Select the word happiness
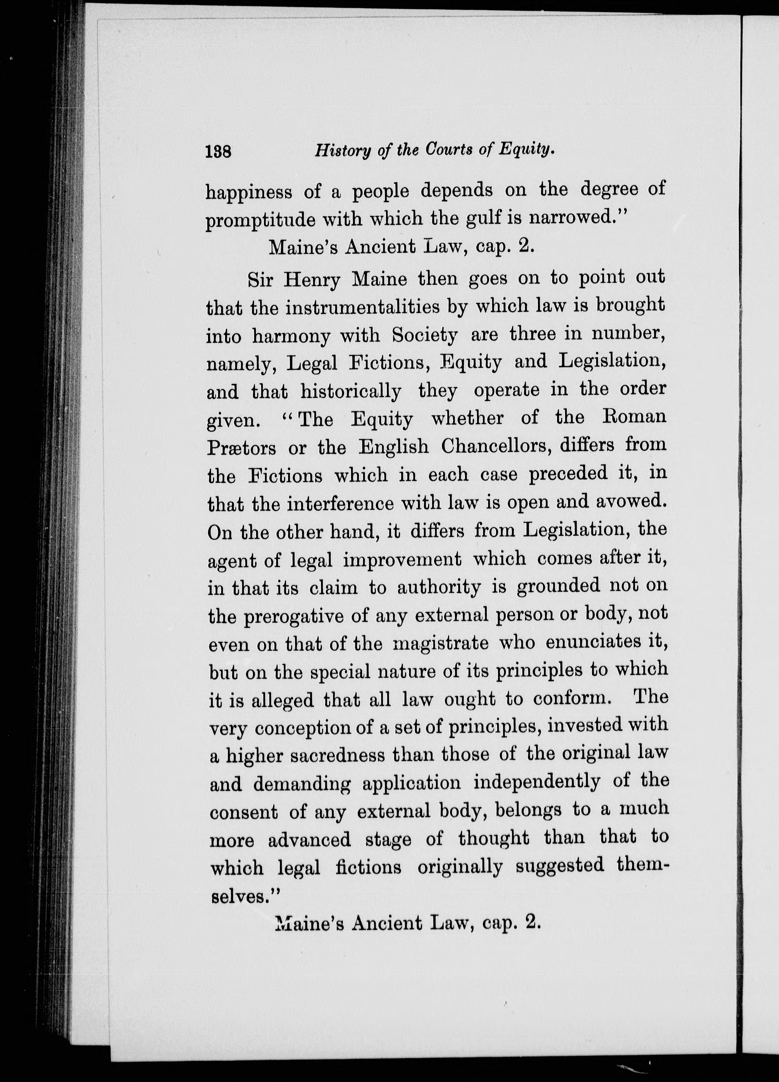pyautogui.click(x=249, y=192)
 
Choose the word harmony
pyautogui.click(x=290, y=337)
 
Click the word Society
pyautogui.click(x=425, y=335)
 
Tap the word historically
pyautogui.click(x=351, y=392)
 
